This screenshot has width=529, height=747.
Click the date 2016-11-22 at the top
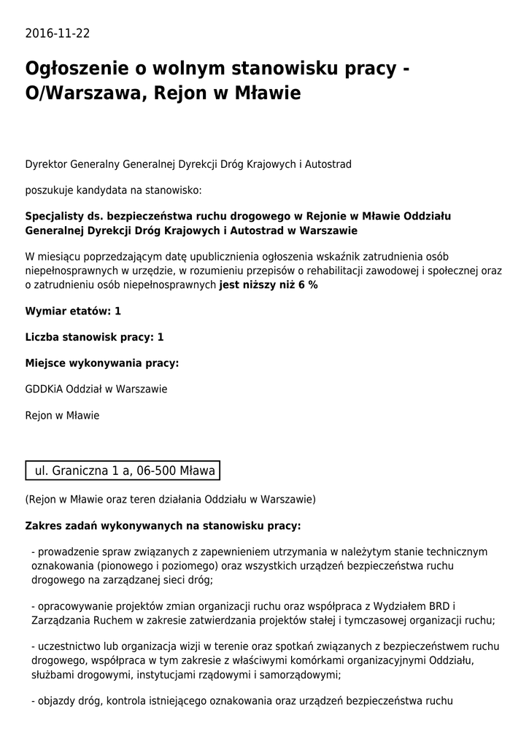[58, 34]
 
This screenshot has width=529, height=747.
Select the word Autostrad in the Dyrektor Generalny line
[328, 165]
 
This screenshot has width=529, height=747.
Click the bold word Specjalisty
[55, 217]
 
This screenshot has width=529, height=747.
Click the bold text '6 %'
[308, 285]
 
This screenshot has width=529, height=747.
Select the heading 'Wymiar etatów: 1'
[73, 311]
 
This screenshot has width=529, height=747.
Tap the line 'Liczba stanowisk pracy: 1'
[94, 337]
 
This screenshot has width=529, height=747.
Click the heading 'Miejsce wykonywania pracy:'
[102, 363]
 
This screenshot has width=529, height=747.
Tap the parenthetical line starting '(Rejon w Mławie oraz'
[170, 500]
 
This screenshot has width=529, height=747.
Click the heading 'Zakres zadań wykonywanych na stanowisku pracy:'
[163, 525]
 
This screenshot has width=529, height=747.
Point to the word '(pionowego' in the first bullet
[115, 565]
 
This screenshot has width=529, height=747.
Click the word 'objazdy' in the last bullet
[55, 702]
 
